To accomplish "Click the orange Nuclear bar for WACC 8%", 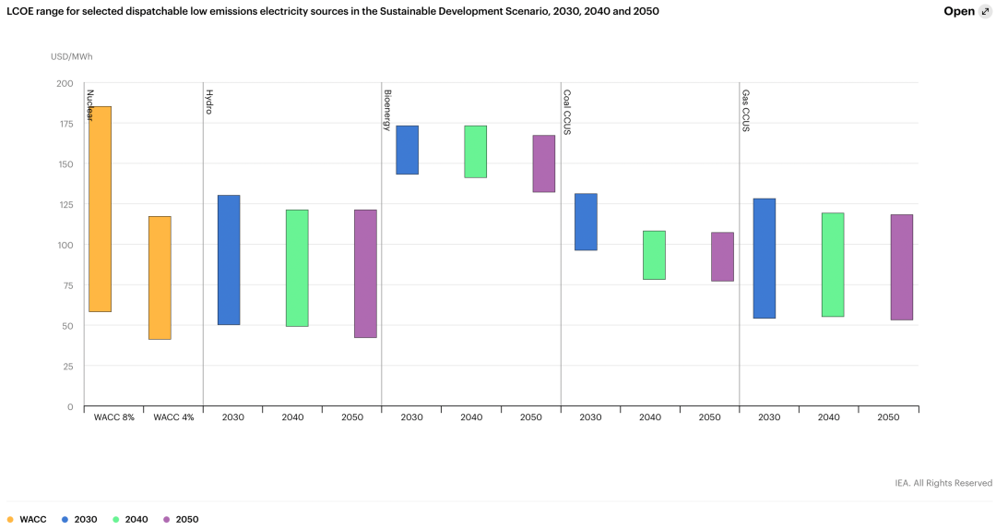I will [x=100, y=209].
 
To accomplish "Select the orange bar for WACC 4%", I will [x=160, y=277].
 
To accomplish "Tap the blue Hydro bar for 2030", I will [x=229, y=259].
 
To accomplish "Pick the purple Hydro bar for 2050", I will [x=365, y=273].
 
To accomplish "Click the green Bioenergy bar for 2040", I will [x=475, y=151].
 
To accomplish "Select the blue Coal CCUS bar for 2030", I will [x=586, y=222].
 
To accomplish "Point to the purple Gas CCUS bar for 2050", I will [x=901, y=267].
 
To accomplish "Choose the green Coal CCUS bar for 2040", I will [x=654, y=255].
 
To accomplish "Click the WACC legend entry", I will [x=28, y=519].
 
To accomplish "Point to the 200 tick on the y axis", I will [x=65, y=83].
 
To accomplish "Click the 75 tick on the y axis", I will [x=66, y=285].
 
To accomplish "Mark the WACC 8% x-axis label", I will [x=113, y=417].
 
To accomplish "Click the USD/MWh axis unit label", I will [x=72, y=57].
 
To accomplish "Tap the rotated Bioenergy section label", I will [x=387, y=109].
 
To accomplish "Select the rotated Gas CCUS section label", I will [x=745, y=110].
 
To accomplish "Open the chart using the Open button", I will [x=966, y=12].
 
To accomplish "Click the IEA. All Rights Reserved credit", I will [x=943, y=483].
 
